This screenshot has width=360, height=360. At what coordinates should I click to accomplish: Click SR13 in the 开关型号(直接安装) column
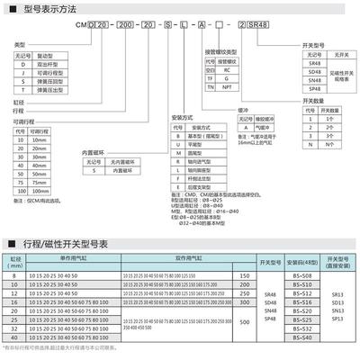pos(338,293)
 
